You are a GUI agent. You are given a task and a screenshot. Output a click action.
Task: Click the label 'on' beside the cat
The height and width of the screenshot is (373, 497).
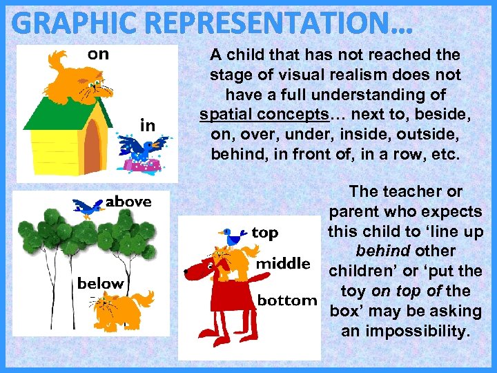pos(98,54)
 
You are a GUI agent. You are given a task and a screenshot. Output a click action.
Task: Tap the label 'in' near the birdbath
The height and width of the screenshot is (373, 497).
pos(148,126)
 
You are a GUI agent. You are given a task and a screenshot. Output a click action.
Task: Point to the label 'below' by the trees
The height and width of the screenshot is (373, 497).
pos(101,283)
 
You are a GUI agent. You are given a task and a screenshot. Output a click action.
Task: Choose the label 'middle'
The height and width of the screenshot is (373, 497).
pos(284,264)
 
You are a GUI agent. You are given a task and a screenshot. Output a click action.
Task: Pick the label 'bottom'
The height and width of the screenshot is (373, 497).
pos(287,300)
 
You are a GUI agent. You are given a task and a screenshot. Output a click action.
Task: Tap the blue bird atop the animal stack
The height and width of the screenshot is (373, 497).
pos(233,237)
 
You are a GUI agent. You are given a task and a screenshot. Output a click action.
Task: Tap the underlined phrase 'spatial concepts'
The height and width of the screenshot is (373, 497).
pos(251,114)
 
